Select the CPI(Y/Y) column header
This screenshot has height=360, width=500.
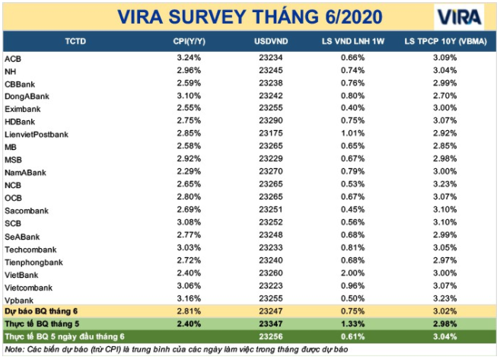[188, 40]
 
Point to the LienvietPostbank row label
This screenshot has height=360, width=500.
[37, 134]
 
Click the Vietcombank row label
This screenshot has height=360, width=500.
[29, 288]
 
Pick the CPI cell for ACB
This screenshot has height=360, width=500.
[188, 58]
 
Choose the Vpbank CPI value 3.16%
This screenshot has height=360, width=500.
[188, 300]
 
